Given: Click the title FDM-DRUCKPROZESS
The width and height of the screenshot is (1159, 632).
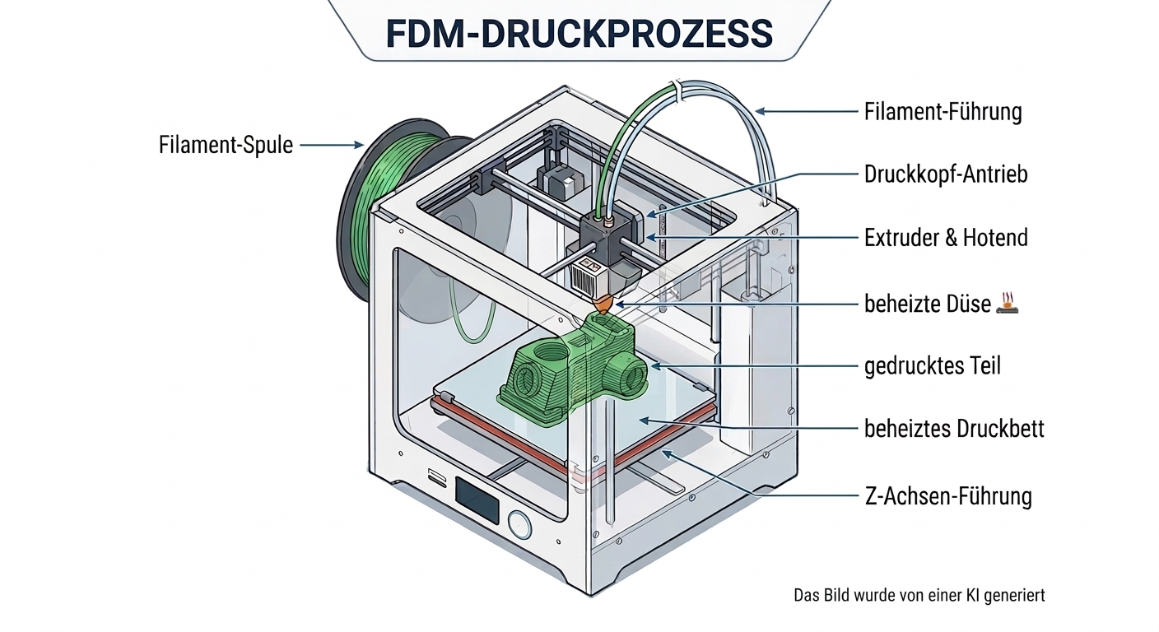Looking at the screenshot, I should point(579,32).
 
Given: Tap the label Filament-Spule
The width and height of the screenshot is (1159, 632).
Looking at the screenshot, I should point(226,145).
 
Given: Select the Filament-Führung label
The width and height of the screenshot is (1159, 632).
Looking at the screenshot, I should point(943,111).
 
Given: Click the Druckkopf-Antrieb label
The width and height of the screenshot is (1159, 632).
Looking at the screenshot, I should point(945,174).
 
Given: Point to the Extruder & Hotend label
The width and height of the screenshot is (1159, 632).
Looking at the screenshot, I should point(946,238).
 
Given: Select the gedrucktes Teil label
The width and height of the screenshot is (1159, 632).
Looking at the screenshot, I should point(932,365).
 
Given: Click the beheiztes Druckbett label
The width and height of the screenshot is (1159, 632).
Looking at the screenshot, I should point(953,429).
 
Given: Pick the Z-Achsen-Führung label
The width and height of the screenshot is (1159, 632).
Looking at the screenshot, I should point(947,496).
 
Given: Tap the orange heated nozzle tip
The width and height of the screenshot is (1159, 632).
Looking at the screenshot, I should point(603,304).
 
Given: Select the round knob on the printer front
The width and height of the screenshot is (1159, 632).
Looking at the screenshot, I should point(519,523).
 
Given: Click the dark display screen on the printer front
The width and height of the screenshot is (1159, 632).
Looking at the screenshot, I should point(477,500).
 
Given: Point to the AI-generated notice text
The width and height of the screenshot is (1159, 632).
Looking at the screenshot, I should point(919,594).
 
